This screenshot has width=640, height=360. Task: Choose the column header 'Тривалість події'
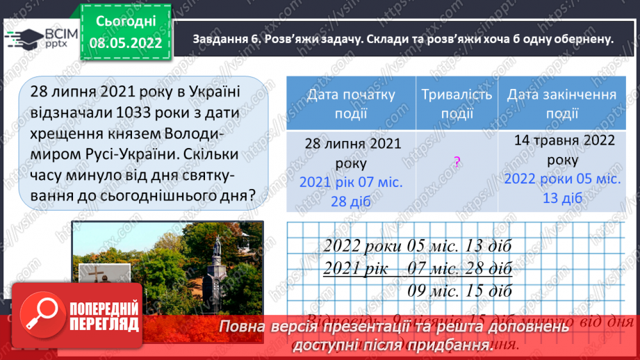457,103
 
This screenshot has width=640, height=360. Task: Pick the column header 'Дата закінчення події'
561,103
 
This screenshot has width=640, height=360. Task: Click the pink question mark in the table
457,162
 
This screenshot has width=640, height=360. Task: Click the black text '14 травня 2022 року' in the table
564,149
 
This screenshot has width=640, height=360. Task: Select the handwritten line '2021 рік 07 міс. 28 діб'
416,268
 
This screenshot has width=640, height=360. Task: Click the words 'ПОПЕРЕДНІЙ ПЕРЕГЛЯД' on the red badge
104,317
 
